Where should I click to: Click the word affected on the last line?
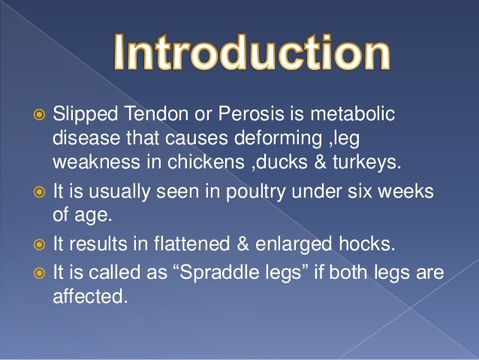pos(88,296)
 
